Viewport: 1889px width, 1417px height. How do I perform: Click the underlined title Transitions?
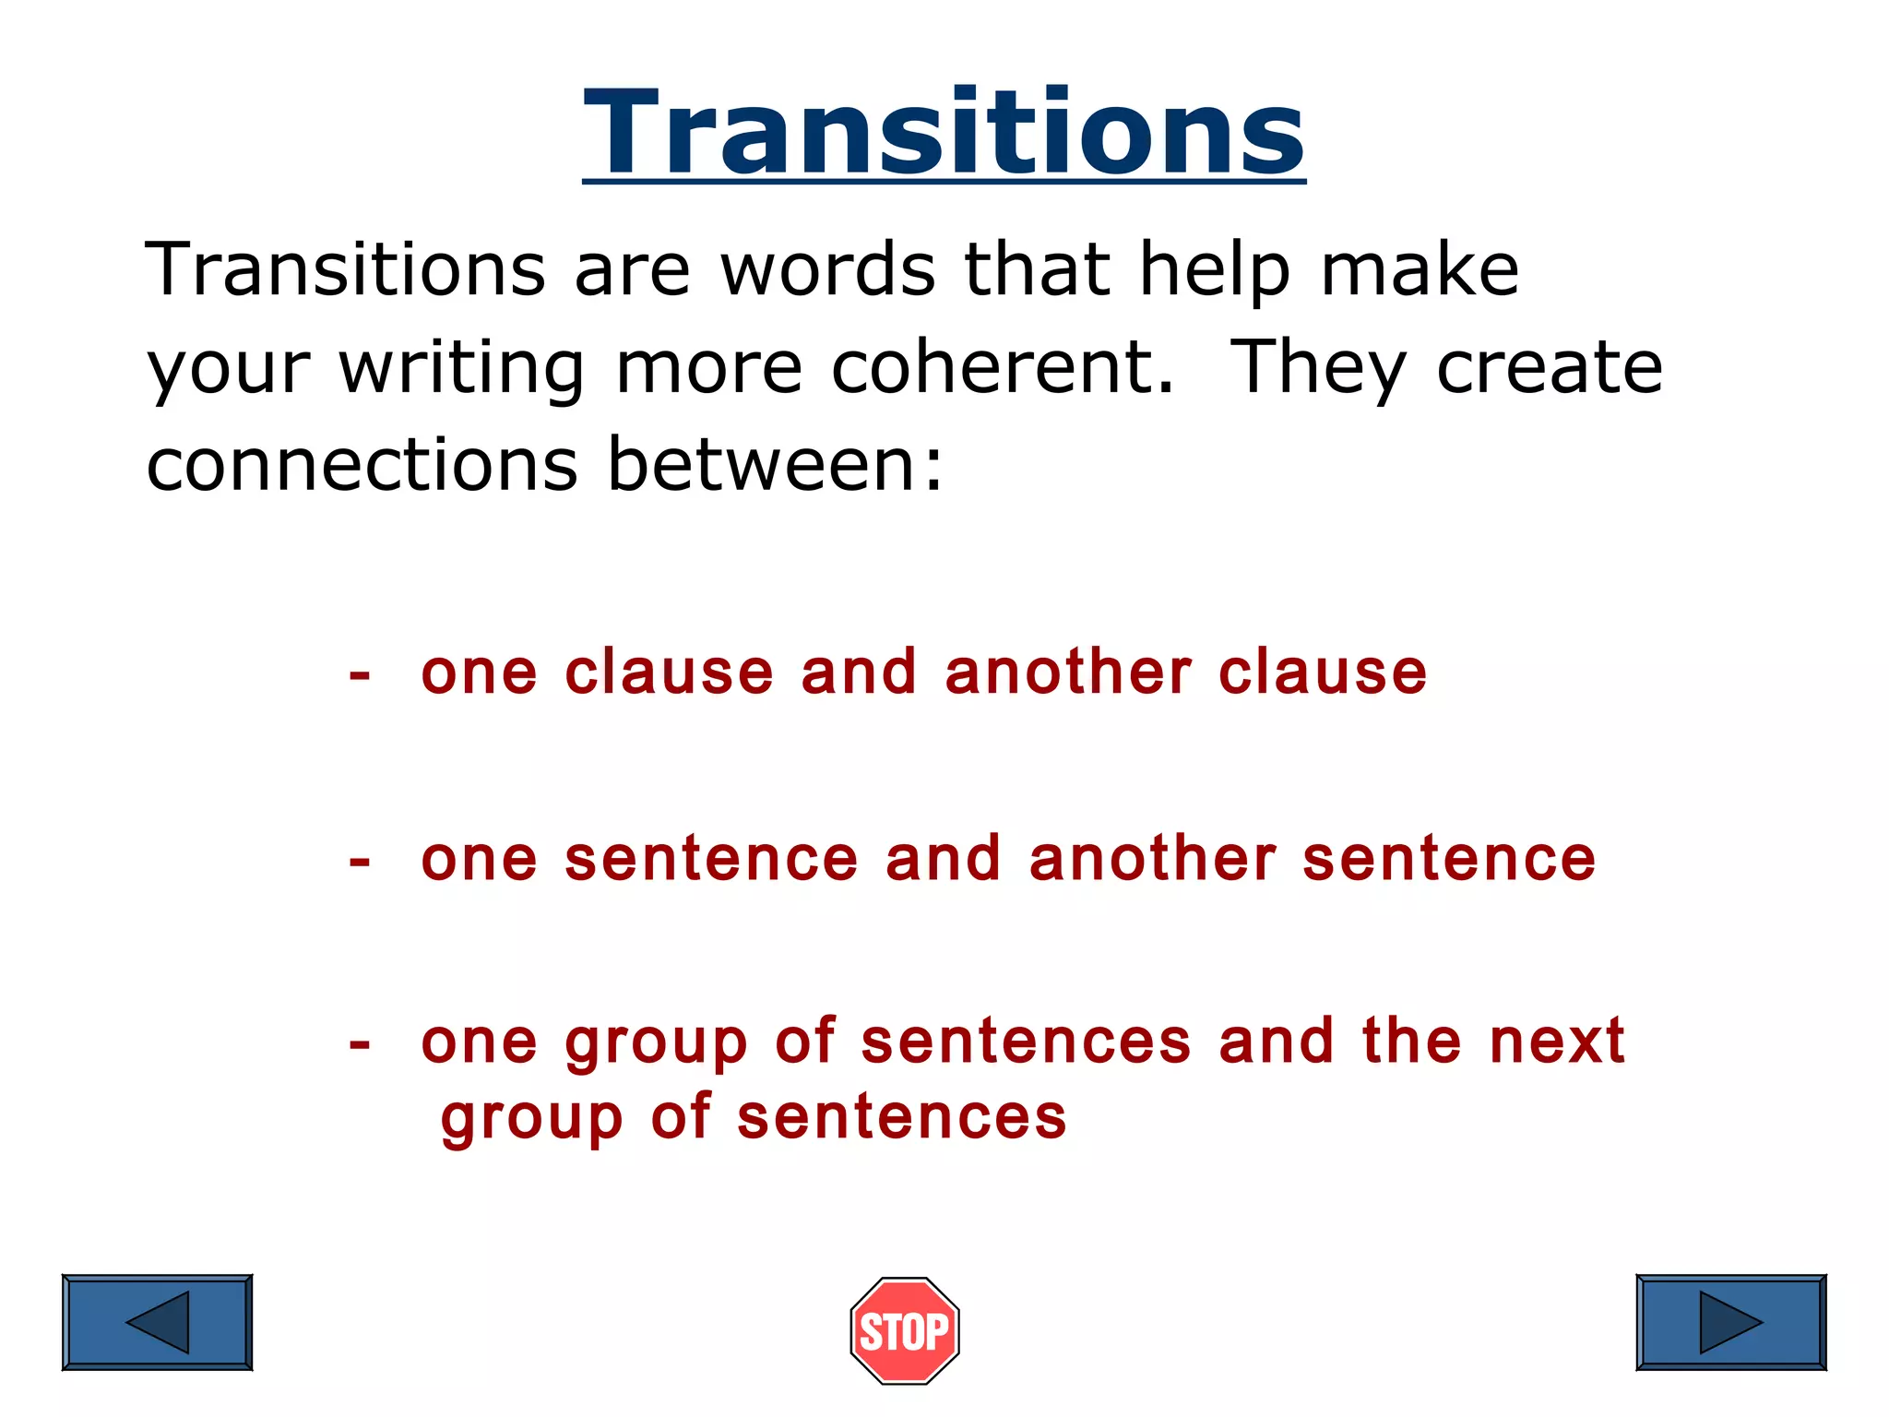pos(944,132)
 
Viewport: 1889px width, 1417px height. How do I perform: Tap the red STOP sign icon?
pos(905,1330)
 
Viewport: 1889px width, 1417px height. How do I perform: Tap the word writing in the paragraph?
pos(461,367)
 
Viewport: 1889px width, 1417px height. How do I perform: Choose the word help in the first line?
pos(1214,270)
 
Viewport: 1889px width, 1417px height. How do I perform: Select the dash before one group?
pos(360,1045)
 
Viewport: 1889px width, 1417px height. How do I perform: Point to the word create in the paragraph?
pos(1550,367)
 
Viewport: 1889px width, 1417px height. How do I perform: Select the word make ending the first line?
pos(1420,270)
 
